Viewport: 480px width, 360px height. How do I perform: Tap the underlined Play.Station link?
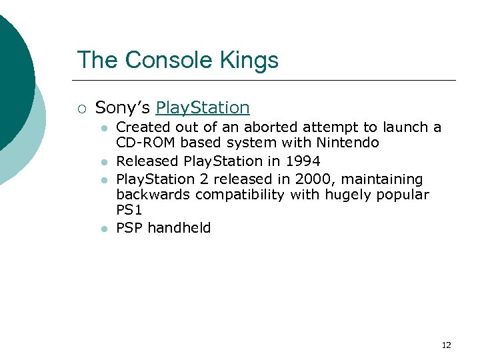203,107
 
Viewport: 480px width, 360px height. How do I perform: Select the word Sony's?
123,107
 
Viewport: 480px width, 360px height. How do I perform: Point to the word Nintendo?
348,143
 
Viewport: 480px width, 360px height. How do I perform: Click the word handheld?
179,228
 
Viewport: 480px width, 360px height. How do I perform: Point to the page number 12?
446,345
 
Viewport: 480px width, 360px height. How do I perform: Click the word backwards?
152,195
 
